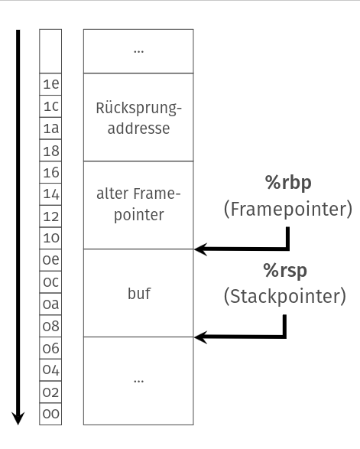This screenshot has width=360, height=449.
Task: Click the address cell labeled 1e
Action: [50, 83]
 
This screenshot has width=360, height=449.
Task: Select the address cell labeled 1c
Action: [50, 106]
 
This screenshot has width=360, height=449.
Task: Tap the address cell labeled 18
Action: [50, 150]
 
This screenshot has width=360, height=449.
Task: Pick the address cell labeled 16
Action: [50, 171]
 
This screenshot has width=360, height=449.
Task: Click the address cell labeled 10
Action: [50, 238]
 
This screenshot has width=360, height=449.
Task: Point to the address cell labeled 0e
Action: [50, 259]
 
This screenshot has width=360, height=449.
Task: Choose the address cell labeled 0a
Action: [50, 304]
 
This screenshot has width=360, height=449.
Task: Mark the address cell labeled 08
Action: [50, 326]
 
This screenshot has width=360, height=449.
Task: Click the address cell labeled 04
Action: [50, 369]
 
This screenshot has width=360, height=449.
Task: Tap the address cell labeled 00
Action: [50, 414]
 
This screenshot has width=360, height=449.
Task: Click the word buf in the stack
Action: [138, 293]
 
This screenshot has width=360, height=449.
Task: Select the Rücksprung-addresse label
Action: [138, 117]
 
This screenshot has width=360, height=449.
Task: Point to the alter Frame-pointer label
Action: [138, 204]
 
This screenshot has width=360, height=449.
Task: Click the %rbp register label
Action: [287, 182]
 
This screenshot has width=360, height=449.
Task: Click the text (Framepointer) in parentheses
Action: [287, 209]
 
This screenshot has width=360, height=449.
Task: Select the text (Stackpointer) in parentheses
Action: [285, 297]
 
